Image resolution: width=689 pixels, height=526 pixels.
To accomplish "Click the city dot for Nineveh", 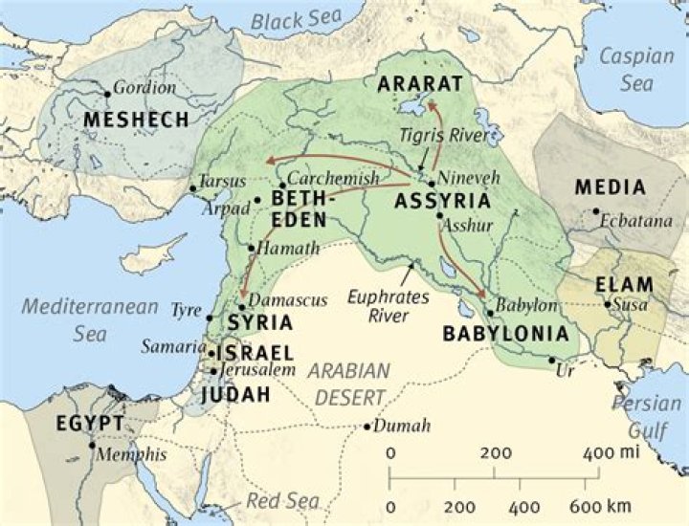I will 432,183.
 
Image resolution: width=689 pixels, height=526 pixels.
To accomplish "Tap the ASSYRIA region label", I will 442,202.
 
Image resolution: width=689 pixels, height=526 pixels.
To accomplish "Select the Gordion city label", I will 144,88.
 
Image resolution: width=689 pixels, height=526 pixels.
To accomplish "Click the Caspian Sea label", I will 636,70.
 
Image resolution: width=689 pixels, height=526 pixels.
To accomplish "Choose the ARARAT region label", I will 419,83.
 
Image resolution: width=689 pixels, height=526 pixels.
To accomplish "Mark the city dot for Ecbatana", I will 595,211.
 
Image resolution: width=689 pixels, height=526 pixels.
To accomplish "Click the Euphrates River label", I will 389,306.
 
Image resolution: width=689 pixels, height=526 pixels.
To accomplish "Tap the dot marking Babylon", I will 490,313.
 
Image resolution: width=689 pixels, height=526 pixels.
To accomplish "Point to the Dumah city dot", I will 367,427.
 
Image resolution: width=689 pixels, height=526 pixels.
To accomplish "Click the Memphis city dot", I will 92,445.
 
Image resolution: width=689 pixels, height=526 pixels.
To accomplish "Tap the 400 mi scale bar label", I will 605,452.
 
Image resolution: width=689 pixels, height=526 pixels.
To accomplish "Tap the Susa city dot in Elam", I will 608,305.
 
